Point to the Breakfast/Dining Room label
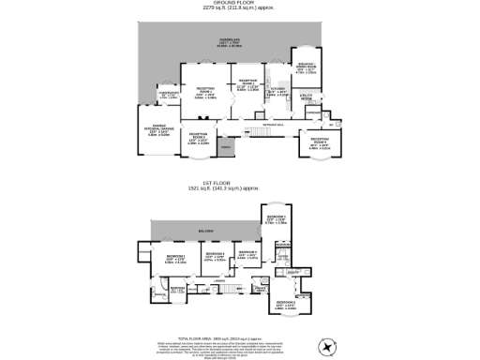pos(306,67)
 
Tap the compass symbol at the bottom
pos(325,348)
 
